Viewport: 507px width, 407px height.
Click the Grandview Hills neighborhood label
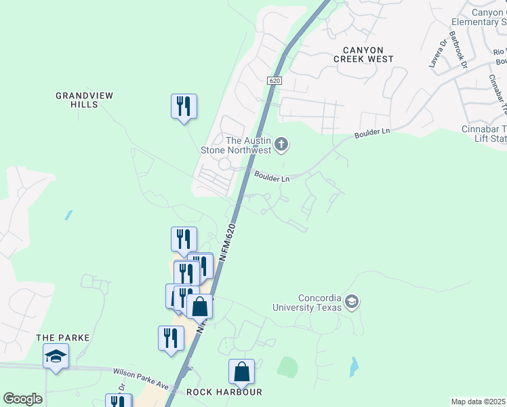[84, 100]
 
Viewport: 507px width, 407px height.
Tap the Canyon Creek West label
[363, 54]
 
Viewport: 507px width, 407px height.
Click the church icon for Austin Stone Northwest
[282, 144]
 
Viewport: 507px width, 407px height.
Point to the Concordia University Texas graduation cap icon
[351, 302]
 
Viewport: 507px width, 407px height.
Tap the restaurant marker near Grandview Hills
[184, 107]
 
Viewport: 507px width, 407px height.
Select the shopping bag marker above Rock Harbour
[241, 372]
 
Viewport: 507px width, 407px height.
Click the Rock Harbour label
[224, 392]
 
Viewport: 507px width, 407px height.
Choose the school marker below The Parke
[56, 356]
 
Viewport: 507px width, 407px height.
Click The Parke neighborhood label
[63, 337]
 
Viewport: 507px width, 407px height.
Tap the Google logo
[22, 399]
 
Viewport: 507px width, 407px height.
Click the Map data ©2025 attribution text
[478, 402]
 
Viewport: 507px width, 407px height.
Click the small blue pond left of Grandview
[68, 216]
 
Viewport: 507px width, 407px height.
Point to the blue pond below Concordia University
[354, 367]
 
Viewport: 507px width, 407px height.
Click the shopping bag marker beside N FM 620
[200, 307]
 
